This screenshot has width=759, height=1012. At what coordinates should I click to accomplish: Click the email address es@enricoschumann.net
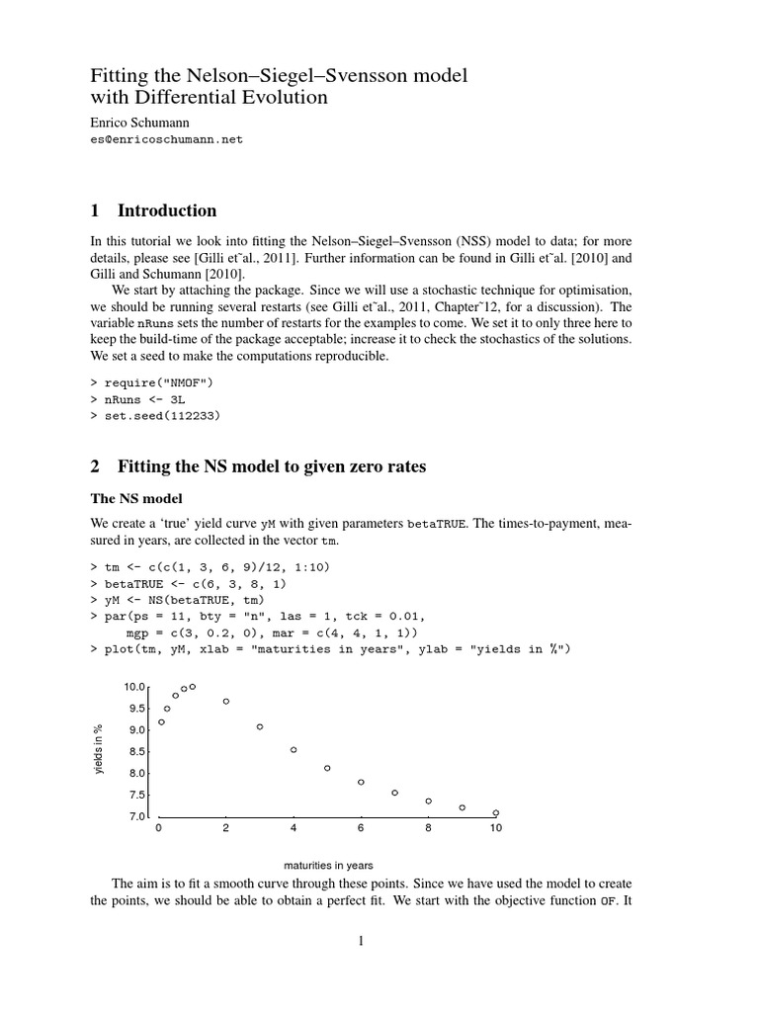coord(166,140)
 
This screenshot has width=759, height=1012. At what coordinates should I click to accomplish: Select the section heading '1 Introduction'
coord(153,211)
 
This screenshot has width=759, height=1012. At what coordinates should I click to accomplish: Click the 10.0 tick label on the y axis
coord(134,687)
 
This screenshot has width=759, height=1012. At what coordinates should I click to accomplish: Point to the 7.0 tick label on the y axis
coord(137,817)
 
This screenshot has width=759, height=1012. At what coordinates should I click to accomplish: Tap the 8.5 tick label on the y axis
coord(137,752)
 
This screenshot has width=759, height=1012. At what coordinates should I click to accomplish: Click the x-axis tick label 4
coord(294,829)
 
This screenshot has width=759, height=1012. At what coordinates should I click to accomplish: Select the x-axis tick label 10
coord(496,829)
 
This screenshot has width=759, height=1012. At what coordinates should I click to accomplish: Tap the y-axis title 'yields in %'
coord(99,751)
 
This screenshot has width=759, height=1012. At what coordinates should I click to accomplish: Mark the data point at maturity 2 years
coord(226,702)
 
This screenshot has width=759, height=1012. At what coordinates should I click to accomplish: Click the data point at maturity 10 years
coord(496,812)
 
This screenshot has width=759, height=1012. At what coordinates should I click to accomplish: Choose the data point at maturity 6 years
coord(361,782)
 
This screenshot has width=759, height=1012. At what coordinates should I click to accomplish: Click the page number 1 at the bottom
coord(362,941)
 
